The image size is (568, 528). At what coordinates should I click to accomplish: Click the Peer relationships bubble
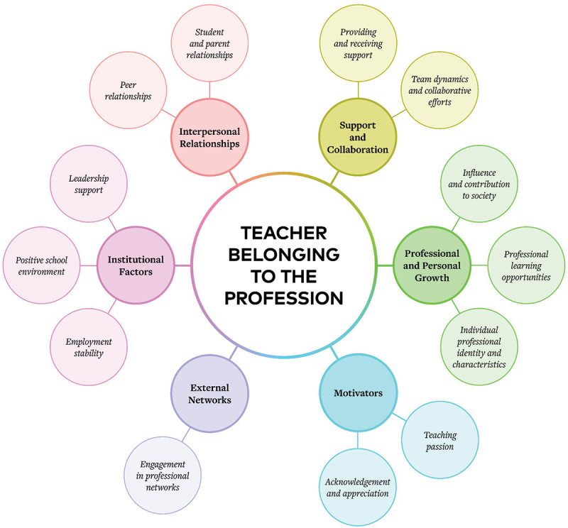click(x=129, y=90)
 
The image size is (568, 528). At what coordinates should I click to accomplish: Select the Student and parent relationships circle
click(x=209, y=43)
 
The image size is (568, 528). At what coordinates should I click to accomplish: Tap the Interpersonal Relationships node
click(x=209, y=137)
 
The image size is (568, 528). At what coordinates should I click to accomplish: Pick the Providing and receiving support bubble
click(x=358, y=43)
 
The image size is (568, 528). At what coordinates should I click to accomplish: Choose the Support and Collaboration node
click(x=358, y=137)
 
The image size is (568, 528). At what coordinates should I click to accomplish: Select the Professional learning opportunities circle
click(x=526, y=265)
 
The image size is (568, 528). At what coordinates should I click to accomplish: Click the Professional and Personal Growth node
click(x=432, y=265)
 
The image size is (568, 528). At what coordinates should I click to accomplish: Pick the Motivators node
click(x=358, y=392)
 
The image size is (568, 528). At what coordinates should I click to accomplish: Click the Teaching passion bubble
click(x=440, y=441)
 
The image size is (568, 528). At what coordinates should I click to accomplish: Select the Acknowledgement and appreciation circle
click(x=358, y=487)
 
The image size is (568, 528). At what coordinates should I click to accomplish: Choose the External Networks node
click(x=210, y=392)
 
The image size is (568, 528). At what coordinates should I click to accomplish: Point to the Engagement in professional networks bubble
click(x=163, y=475)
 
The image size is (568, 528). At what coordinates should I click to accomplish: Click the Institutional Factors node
click(x=136, y=265)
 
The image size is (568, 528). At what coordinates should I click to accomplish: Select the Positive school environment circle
click(x=40, y=265)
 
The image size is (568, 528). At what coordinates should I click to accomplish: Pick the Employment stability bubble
click(x=89, y=347)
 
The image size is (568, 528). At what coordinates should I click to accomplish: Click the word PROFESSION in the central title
click(x=283, y=297)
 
